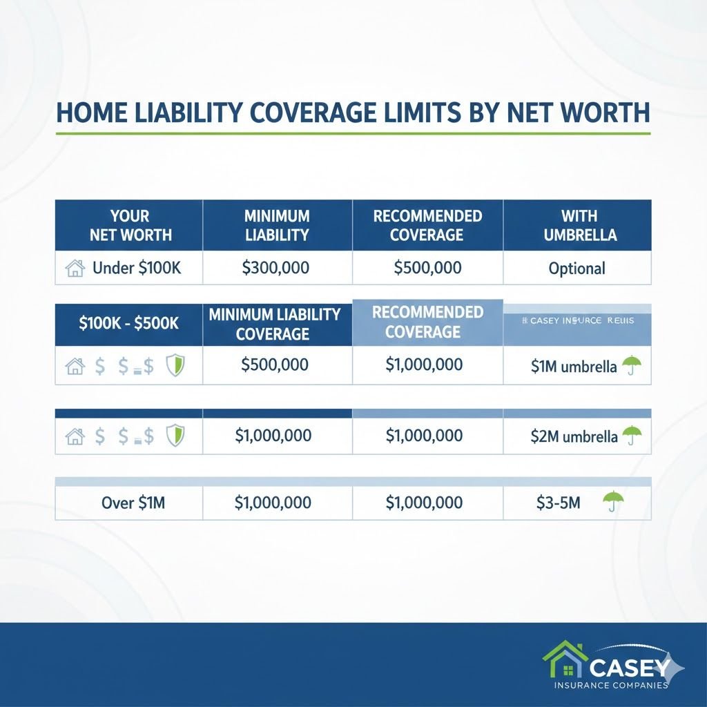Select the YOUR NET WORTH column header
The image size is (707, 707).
129,225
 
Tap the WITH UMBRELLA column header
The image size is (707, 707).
577,225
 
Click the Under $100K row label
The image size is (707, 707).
136,268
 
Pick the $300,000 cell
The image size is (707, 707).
276,268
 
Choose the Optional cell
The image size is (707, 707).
577,269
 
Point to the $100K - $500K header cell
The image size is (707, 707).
128,322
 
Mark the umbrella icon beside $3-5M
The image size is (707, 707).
610,501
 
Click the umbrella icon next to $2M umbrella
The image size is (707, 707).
631,435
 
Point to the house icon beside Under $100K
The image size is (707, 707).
74,269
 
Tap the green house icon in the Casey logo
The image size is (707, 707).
565,661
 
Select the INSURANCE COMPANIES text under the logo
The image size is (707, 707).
610,685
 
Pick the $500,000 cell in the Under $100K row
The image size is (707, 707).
427,268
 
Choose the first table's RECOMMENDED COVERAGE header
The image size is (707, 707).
427,225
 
